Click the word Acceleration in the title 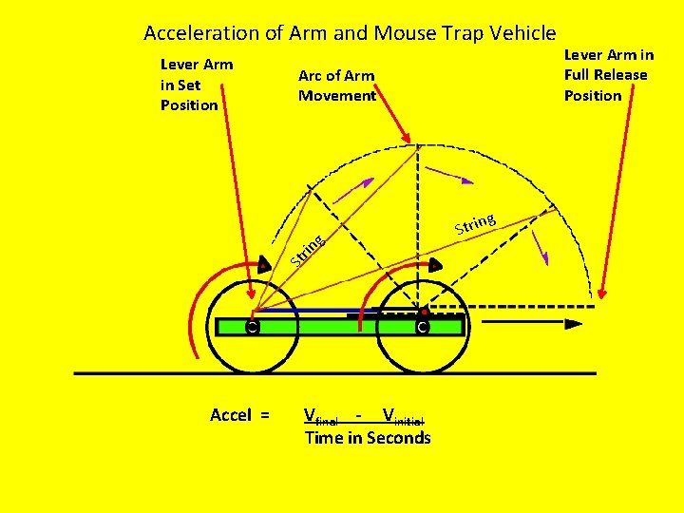201,33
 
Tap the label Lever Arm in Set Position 197,85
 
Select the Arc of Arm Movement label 336,85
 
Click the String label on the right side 474,223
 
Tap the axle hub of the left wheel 252,328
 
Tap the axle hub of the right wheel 422,328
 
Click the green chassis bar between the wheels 337,327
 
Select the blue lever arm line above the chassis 313,310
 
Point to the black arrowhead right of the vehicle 574,324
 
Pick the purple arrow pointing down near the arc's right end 541,247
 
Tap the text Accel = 239,415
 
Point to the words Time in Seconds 367,438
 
